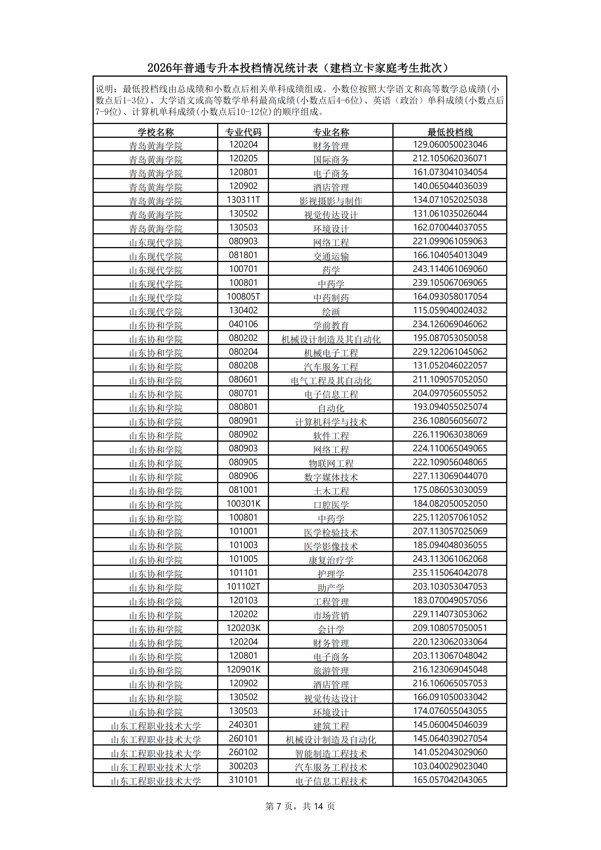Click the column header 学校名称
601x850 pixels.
(156, 132)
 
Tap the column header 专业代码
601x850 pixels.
(243, 132)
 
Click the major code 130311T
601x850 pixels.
(243, 200)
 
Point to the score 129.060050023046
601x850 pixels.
(450, 144)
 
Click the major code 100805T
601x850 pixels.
(243, 296)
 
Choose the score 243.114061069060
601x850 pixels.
(450, 269)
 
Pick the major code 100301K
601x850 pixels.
(243, 504)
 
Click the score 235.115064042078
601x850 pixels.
(450, 573)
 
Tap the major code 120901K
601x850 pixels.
(243, 669)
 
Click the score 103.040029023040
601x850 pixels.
(450, 766)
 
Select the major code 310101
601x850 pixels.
(243, 780)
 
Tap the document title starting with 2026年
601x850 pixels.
(300, 68)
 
